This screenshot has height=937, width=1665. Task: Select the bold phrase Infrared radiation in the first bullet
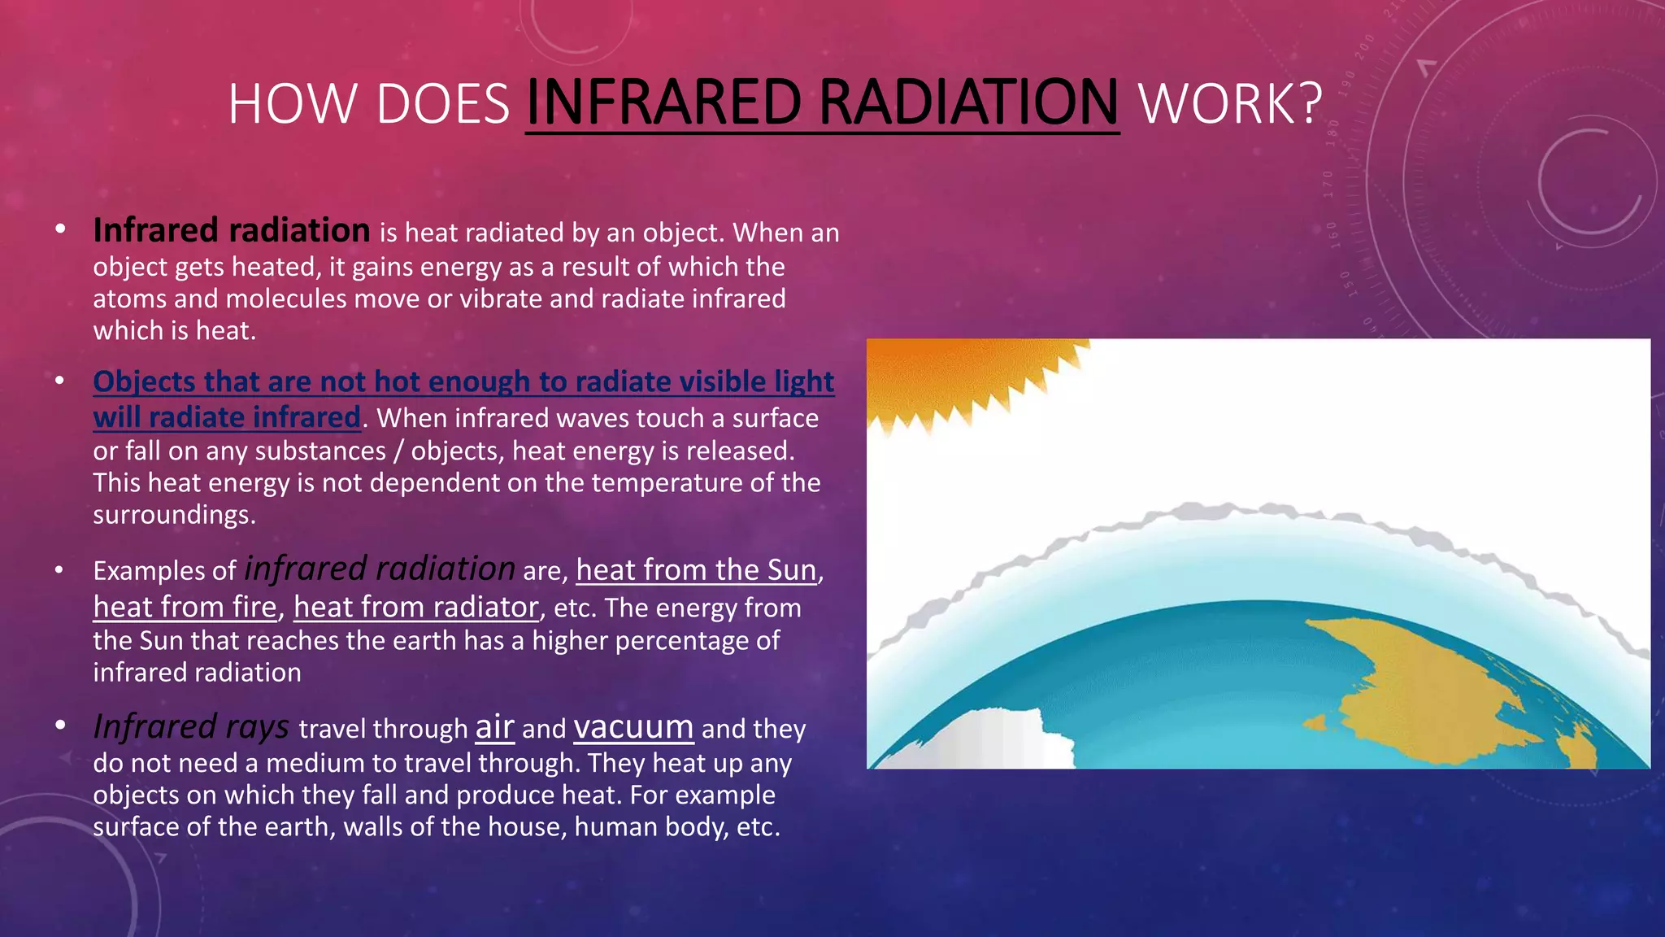click(x=232, y=231)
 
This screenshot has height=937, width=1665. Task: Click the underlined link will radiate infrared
click(x=227, y=417)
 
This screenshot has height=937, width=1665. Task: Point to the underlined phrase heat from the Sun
click(x=696, y=570)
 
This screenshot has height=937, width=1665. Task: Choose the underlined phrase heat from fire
click(x=185, y=608)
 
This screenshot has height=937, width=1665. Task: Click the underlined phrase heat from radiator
click(x=415, y=608)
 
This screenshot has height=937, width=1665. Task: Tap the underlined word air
click(x=494, y=727)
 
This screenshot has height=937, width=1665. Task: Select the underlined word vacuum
click(x=633, y=727)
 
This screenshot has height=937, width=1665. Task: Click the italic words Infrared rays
click(x=191, y=727)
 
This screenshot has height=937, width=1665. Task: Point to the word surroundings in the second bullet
click(x=173, y=515)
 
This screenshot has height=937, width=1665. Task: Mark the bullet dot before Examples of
click(x=59, y=570)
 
